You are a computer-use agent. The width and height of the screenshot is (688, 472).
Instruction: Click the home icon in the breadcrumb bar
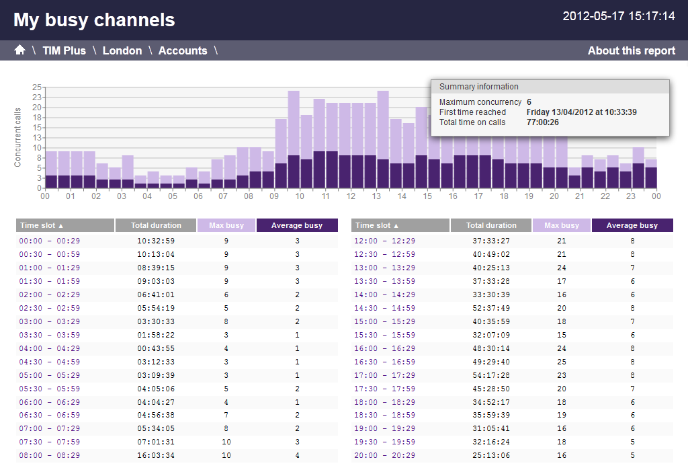click(19, 50)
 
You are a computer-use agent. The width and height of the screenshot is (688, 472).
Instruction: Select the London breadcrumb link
click(122, 51)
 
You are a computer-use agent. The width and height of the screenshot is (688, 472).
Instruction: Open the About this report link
click(632, 51)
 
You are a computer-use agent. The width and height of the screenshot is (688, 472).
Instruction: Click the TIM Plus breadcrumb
click(64, 51)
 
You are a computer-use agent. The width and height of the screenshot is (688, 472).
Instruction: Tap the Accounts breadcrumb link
click(183, 51)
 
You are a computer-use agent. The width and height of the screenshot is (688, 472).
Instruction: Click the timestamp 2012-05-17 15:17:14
click(619, 16)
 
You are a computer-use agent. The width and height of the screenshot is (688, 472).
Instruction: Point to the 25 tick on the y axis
click(36, 87)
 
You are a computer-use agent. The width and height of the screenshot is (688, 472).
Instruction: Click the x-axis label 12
click(351, 196)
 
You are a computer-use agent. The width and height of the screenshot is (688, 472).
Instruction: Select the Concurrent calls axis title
click(17, 137)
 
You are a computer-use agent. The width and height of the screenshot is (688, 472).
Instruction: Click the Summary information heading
click(478, 87)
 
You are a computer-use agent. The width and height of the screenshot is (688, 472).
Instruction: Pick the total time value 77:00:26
click(543, 122)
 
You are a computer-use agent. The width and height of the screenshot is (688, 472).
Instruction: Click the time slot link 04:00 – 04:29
click(50, 349)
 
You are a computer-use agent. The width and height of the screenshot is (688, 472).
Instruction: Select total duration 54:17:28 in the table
click(491, 375)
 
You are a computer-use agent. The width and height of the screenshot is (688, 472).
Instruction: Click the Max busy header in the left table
click(226, 225)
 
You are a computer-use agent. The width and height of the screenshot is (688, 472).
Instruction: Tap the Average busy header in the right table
click(632, 225)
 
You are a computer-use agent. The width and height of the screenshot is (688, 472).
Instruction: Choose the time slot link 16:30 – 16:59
click(385, 362)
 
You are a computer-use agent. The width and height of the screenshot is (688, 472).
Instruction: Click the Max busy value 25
click(562, 362)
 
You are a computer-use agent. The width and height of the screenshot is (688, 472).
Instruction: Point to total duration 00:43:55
click(156, 349)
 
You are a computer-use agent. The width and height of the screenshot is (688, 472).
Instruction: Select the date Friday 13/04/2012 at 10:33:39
click(581, 112)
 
